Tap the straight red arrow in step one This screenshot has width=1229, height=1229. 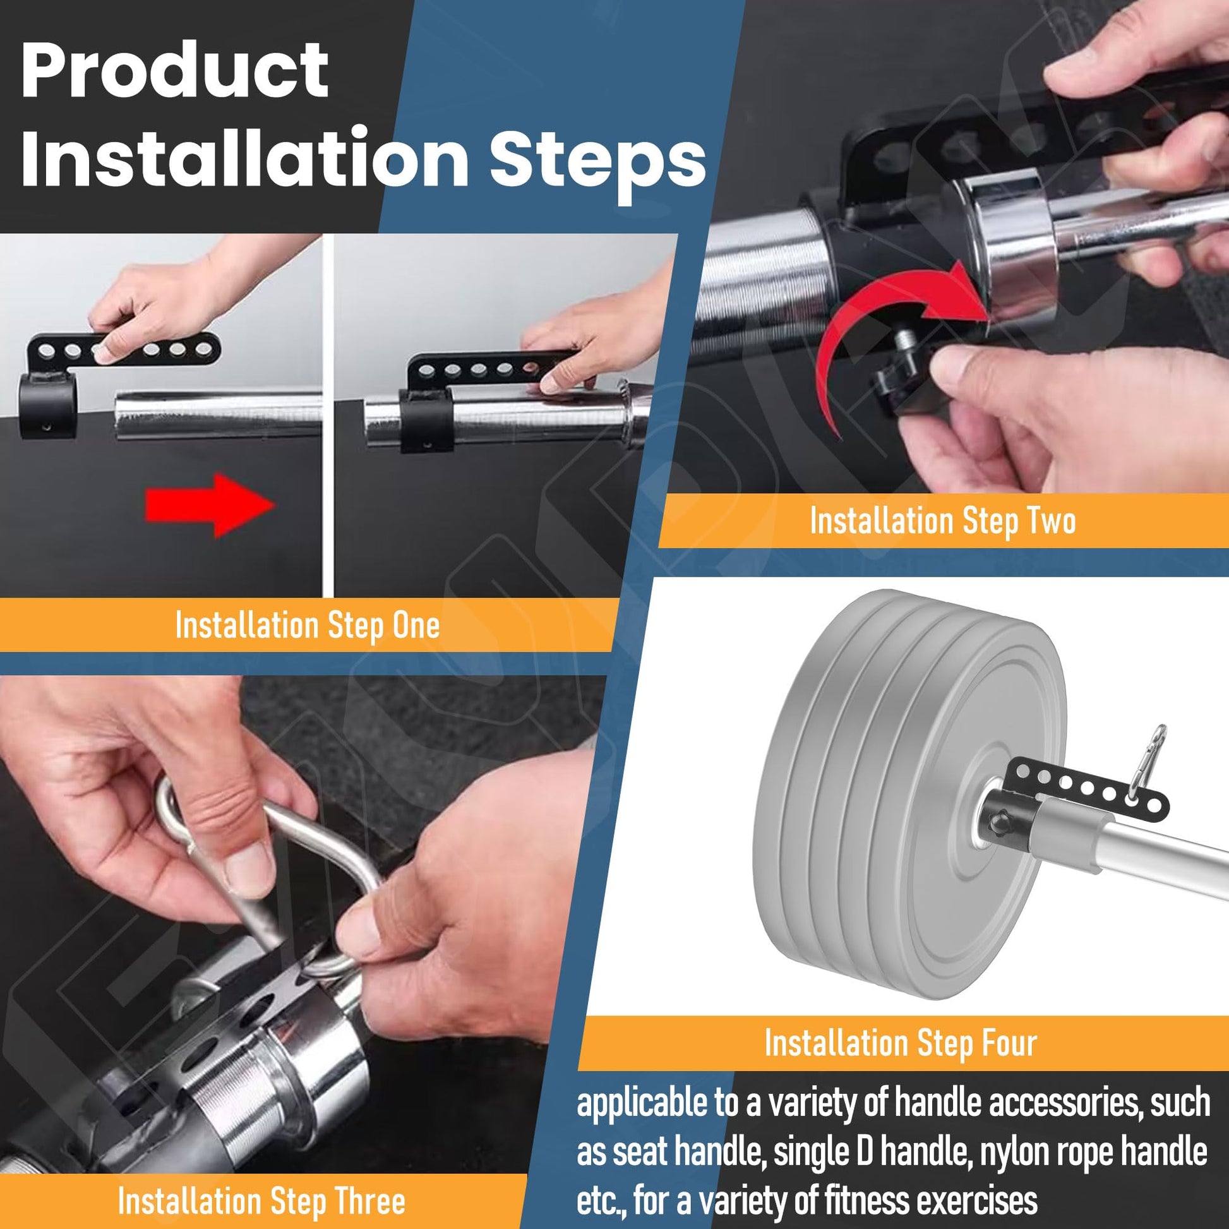[x=210, y=505]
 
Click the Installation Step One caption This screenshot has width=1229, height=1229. [x=307, y=625]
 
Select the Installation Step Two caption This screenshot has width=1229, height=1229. [x=943, y=521]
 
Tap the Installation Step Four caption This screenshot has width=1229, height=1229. [x=901, y=1044]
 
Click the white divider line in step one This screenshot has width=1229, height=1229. [x=328, y=416]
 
